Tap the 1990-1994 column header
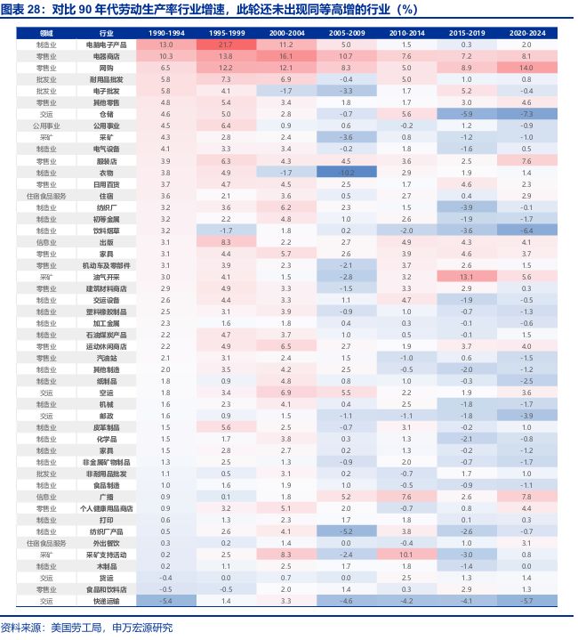tap(165, 32)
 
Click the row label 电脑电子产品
tap(106, 44)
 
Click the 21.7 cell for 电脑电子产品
tap(226, 44)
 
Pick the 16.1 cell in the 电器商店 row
tap(285, 55)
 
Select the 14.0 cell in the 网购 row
tap(526, 67)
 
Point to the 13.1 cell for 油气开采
tap(466, 276)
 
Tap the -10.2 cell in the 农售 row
tap(346, 171)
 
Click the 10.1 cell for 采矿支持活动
tap(406, 554)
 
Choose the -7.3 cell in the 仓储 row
tap(526, 114)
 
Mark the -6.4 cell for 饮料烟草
tap(526, 230)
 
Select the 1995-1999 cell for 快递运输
tap(226, 600)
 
